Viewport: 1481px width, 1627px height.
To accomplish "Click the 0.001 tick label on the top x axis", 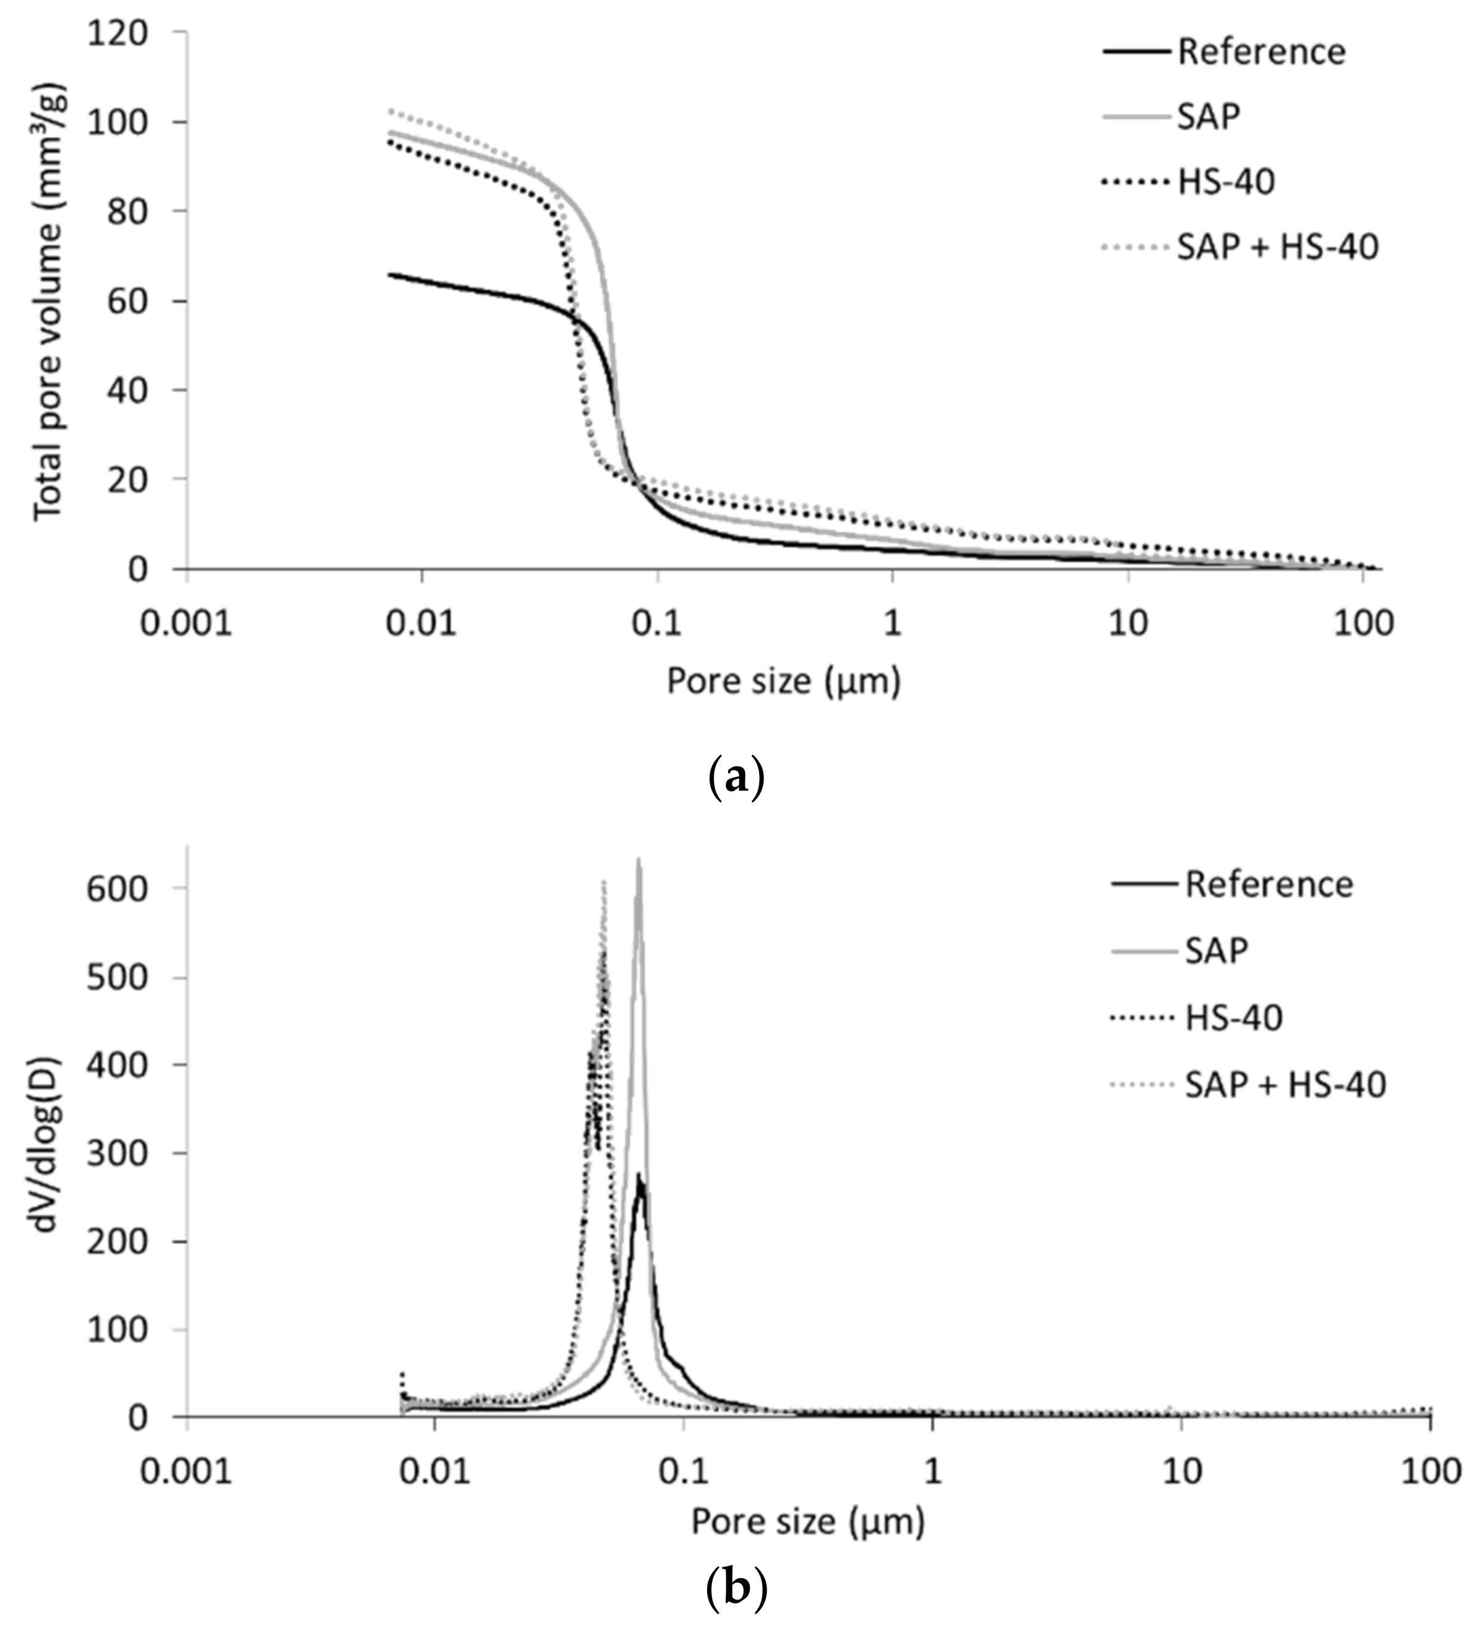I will pyautogui.click(x=187, y=623).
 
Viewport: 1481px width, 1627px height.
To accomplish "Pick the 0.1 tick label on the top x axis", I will pyautogui.click(x=657, y=623).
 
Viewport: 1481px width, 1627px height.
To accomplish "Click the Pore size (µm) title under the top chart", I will pyautogui.click(x=783, y=682).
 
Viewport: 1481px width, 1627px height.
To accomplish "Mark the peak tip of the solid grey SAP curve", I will pyautogui.click(x=639, y=860).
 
